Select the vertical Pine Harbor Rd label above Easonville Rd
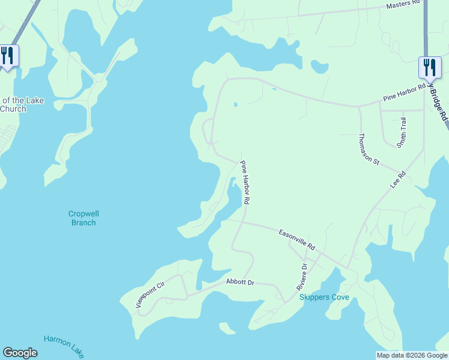(x=246, y=183)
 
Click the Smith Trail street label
(x=403, y=132)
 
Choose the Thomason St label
(x=369, y=149)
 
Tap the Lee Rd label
(x=399, y=180)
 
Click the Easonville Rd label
(x=297, y=239)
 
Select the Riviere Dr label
(x=302, y=277)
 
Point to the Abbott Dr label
(x=240, y=281)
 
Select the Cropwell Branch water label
(x=82, y=218)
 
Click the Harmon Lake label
(x=64, y=347)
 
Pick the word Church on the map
(x=13, y=109)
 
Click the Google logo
(x=20, y=353)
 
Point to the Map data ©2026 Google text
(x=411, y=355)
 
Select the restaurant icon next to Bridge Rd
(x=430, y=67)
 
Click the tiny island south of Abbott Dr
(x=226, y=328)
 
